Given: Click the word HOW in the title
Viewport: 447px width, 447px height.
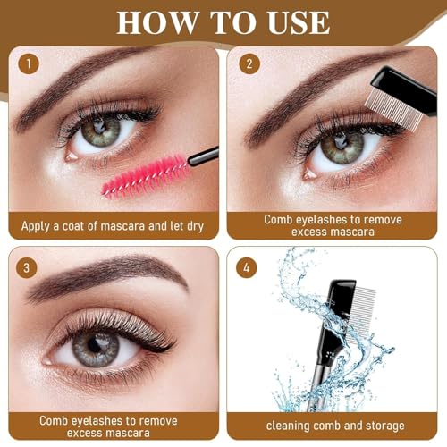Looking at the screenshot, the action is click(x=157, y=22).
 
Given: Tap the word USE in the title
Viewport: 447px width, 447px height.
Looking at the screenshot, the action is click(x=299, y=22).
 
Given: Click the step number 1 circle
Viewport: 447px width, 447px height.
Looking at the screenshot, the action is click(x=29, y=63).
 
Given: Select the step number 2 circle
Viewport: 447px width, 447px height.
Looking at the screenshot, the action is click(x=249, y=63).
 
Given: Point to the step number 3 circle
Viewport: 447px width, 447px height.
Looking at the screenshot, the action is click(x=27, y=267).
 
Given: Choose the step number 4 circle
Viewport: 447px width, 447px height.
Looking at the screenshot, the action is click(x=247, y=267).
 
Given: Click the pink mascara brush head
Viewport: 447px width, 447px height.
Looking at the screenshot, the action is click(x=146, y=176).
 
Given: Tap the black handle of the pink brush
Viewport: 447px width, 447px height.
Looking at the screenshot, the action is click(x=204, y=156).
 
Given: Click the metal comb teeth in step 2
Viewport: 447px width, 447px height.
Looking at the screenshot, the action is click(x=394, y=109).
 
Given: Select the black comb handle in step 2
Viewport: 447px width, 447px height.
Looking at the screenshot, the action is click(x=405, y=89).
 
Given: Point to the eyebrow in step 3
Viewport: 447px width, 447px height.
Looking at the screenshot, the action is click(x=107, y=272).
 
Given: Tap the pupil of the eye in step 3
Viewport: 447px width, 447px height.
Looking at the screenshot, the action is click(x=95, y=345).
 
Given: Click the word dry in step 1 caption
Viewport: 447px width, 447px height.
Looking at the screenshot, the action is click(x=195, y=227).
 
